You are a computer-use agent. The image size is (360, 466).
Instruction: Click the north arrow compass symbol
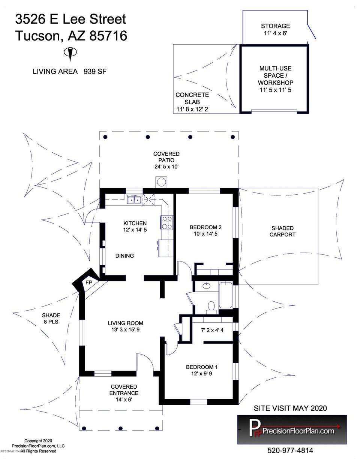point(70,53)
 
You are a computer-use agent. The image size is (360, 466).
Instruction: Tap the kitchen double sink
point(134,200)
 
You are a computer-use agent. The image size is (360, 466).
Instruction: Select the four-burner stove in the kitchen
point(166,222)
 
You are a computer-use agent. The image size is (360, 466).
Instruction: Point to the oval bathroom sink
point(206,286)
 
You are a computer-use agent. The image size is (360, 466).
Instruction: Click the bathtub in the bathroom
point(225,295)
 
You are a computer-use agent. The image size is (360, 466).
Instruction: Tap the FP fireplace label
point(88,283)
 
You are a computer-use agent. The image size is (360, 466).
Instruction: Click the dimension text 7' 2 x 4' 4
point(212,330)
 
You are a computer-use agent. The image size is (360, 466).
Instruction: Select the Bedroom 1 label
point(202,367)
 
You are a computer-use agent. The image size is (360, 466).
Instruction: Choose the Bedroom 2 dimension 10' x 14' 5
point(205,234)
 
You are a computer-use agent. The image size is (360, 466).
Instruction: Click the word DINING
point(124,256)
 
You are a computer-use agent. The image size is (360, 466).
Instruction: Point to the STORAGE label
point(275,26)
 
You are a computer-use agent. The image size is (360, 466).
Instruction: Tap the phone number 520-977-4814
point(290,450)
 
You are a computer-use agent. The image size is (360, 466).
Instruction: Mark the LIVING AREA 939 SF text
point(69,71)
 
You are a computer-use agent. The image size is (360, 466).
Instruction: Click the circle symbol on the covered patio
point(161,182)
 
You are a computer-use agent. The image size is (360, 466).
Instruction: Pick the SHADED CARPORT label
point(282,231)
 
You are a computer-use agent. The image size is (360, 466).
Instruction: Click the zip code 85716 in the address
point(108,36)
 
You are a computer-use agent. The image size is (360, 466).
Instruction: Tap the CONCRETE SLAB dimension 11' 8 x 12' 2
point(192,109)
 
